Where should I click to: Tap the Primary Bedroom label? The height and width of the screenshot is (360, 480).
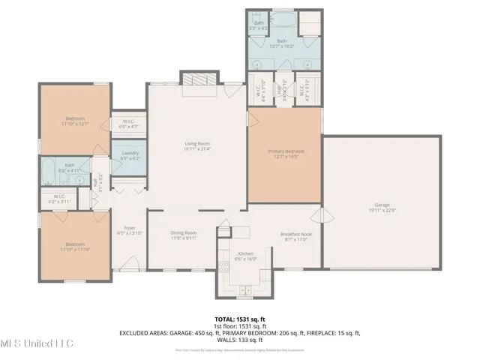pyautogui.click(x=286, y=151)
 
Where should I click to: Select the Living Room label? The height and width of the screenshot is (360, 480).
pyautogui.click(x=197, y=143)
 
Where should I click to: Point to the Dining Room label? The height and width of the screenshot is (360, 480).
pyautogui.click(x=183, y=232)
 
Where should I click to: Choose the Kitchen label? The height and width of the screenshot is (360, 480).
pyautogui.click(x=245, y=253)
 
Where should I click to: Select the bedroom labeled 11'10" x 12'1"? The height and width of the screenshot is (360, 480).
pyautogui.click(x=74, y=118)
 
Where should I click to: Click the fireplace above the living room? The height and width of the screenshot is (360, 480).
pyautogui.click(x=199, y=81)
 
